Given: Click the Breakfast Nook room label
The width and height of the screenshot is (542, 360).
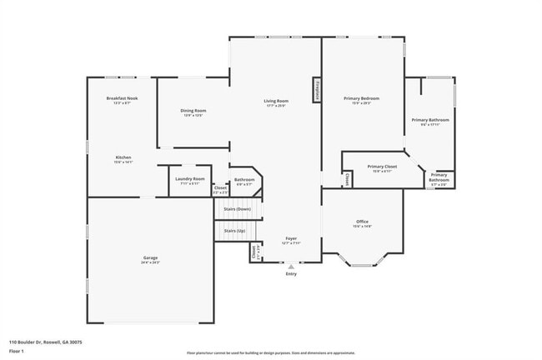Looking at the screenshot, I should click(x=122, y=98).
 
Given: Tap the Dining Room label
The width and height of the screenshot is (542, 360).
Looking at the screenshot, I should click(x=193, y=111).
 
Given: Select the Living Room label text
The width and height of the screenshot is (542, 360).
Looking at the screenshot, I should click(x=277, y=102).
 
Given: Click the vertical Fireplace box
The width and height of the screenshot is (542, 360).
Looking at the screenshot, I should click(x=317, y=90).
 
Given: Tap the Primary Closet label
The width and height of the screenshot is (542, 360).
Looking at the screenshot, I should click(x=382, y=167).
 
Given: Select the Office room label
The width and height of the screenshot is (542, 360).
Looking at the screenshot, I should click(x=362, y=221).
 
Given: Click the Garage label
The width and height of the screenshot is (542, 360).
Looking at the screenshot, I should click(x=150, y=257).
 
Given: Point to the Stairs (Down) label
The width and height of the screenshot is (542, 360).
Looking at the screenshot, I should click(x=238, y=209).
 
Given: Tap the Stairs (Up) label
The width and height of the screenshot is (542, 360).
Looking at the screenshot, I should click(x=235, y=230).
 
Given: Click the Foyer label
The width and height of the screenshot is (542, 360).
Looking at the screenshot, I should click(x=291, y=238).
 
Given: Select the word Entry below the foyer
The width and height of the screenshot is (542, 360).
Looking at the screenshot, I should click(x=291, y=273).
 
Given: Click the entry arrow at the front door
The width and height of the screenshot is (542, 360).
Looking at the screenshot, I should click(x=291, y=266).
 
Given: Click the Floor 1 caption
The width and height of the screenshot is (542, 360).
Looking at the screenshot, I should click(x=17, y=351).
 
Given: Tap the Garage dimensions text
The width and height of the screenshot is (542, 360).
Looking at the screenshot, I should click(x=150, y=262).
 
